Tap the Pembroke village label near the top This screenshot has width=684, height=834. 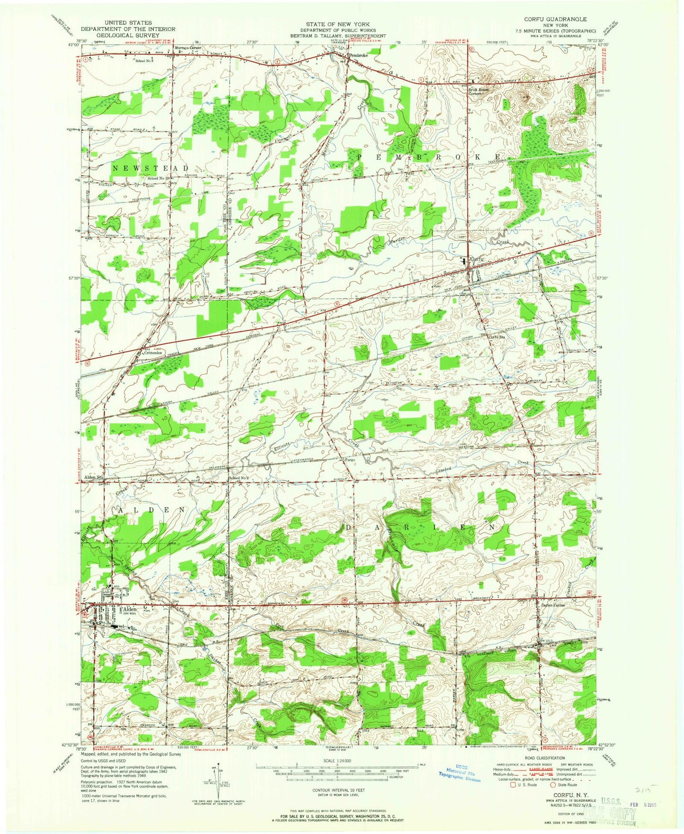click(x=358, y=55)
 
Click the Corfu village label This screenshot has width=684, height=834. click(x=477, y=259)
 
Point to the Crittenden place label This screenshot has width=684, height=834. click(x=154, y=353)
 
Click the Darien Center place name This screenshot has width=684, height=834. click(x=551, y=605)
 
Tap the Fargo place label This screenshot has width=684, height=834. click(x=349, y=460)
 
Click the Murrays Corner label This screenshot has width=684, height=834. click(x=187, y=48)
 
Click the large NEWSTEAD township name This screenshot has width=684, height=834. click(x=151, y=169)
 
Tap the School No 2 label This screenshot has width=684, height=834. click(x=240, y=478)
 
